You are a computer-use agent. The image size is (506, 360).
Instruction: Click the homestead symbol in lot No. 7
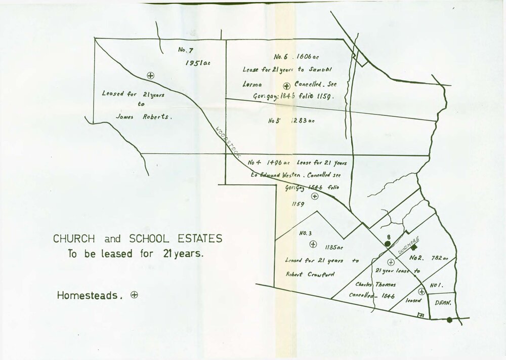[150, 75]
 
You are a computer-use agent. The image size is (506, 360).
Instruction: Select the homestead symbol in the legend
[134, 294]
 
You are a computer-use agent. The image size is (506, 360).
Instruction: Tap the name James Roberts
[144, 116]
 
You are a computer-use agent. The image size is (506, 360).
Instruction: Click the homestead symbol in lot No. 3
[313, 244]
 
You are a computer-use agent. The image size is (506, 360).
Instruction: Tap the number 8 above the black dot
[388, 236]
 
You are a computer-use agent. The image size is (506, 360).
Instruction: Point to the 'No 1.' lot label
[437, 286]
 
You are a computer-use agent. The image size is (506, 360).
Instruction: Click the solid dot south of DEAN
[450, 319]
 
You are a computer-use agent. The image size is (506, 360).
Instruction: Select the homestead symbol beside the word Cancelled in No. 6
[286, 86]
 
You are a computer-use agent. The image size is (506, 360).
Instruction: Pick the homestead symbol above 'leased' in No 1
[421, 291]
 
